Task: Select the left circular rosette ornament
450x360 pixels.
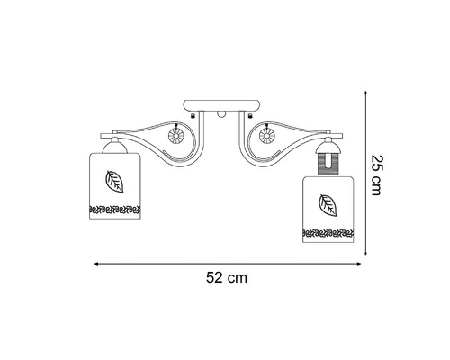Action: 177,138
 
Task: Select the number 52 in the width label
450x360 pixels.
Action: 217,278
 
